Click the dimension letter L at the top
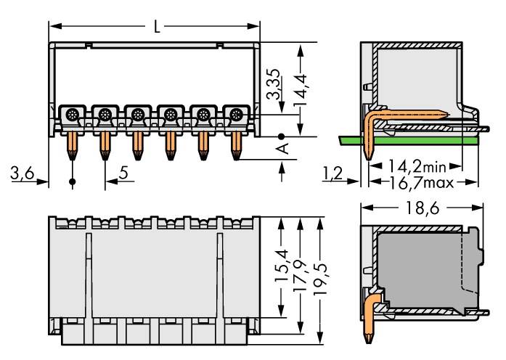point(157,28)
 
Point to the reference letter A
point(283,148)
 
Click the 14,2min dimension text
point(417,166)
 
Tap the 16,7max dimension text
point(419,182)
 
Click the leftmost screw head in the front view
point(72,114)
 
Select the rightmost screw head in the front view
point(234,114)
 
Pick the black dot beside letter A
point(282,136)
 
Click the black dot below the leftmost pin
point(72,181)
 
